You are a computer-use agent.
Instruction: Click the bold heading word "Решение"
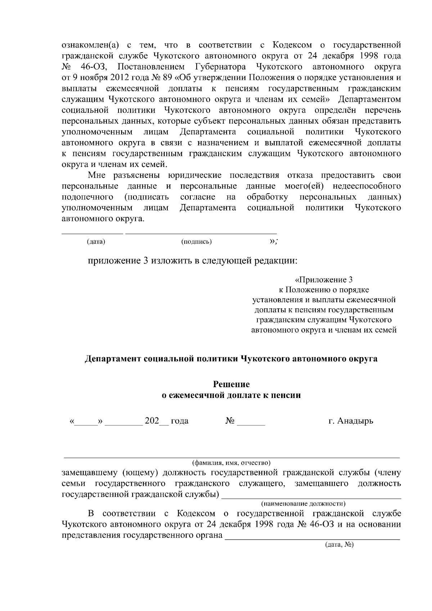coord(231,384)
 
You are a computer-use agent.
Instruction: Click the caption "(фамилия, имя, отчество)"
coord(231,462)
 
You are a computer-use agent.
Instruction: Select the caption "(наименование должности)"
coord(303,503)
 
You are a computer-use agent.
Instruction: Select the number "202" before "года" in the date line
coord(152,421)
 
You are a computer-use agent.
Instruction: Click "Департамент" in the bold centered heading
coord(113,359)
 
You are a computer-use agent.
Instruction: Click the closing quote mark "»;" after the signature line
coord(273,241)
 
